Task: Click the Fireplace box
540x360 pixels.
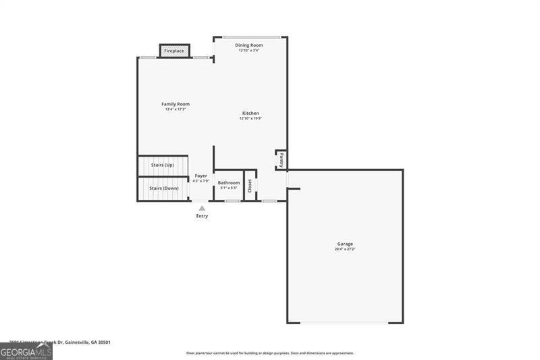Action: point(174,51)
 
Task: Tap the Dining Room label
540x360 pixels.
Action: point(249,45)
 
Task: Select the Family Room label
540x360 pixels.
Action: point(175,104)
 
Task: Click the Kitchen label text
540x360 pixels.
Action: point(250,113)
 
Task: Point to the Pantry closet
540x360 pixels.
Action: point(281,160)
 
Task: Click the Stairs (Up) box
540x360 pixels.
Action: point(163,165)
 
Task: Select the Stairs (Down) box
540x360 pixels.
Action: point(163,188)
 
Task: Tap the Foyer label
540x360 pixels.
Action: point(201,176)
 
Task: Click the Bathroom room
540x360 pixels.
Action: point(228,185)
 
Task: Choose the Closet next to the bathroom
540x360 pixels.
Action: point(250,185)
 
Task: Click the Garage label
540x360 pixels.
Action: point(345,244)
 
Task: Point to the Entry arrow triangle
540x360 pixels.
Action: point(202,209)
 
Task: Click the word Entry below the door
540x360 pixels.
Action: point(202,216)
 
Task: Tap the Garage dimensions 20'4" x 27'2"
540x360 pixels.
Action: point(345,249)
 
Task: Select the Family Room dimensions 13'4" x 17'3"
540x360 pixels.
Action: point(175,109)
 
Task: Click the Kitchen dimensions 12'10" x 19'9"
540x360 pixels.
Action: point(250,118)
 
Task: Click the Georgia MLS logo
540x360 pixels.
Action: point(26,351)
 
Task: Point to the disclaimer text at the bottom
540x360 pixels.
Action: point(270,353)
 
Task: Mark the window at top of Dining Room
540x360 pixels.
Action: point(252,36)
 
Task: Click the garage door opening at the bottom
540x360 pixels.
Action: point(345,323)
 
